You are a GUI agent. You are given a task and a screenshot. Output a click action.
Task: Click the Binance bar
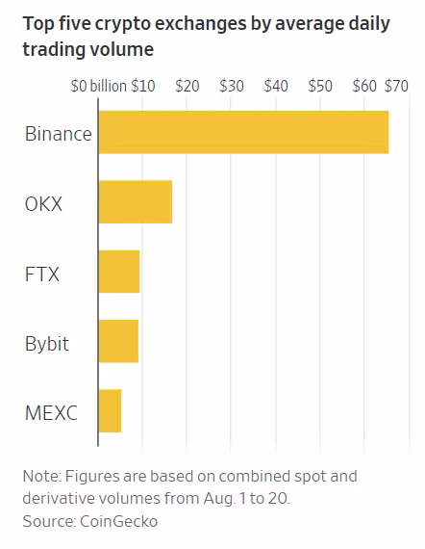[x=243, y=132]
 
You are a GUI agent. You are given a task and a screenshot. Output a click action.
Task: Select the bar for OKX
[x=136, y=201]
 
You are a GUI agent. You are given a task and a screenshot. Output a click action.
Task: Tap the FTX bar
[x=119, y=272]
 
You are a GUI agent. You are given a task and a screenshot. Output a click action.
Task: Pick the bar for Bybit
[x=118, y=341]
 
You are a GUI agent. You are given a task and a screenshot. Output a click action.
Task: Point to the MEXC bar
[x=110, y=410]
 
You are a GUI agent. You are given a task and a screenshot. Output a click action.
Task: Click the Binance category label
[x=59, y=134]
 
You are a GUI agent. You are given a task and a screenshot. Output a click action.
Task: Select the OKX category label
[x=43, y=204]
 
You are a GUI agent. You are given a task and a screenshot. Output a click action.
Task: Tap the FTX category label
[x=42, y=274]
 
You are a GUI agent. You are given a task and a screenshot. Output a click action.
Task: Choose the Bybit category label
[x=47, y=344]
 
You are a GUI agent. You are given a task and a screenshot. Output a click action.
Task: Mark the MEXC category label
[x=51, y=413]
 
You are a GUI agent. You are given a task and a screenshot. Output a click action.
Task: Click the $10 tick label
[x=143, y=86]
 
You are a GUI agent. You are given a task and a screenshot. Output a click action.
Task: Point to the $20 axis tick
[x=187, y=86]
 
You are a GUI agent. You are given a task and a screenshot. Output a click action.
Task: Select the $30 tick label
[x=232, y=86]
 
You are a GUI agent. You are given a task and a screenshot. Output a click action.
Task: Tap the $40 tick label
[x=276, y=86]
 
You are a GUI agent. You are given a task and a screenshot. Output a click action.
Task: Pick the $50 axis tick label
[x=320, y=86]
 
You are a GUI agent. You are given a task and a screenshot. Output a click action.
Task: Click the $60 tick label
[x=364, y=86]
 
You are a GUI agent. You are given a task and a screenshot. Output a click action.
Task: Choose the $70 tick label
[x=396, y=86]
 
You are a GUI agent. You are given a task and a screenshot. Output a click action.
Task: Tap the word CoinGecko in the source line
[x=119, y=521]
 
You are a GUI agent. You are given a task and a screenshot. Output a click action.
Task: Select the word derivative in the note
[x=59, y=498]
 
